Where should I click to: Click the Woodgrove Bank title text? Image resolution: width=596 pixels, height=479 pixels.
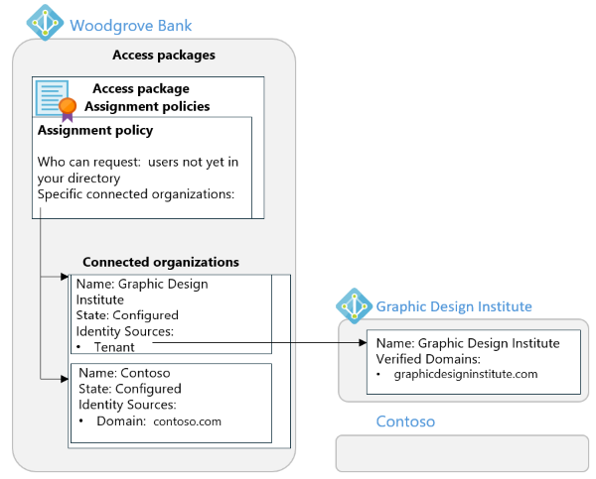(131, 24)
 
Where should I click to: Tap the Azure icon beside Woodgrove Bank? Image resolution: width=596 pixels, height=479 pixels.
(45, 22)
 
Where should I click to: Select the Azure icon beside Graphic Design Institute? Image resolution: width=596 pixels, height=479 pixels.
(354, 305)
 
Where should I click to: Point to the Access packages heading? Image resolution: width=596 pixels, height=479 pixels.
(163, 55)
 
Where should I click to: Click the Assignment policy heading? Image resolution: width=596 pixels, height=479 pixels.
(95, 130)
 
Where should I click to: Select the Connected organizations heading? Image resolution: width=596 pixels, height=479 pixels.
(161, 262)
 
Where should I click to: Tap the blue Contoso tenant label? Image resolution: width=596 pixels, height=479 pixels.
(405, 421)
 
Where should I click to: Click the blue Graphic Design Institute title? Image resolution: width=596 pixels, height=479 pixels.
(454, 306)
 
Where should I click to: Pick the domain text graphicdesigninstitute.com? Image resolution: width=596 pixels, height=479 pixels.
(465, 374)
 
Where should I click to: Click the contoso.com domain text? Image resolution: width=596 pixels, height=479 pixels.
(187, 420)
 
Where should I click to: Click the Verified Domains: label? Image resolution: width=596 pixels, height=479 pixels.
(429, 357)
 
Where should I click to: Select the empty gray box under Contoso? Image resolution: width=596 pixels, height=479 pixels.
(461, 453)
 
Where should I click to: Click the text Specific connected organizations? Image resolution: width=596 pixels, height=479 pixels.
(136, 193)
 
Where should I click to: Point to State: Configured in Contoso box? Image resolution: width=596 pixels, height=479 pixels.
(130, 389)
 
